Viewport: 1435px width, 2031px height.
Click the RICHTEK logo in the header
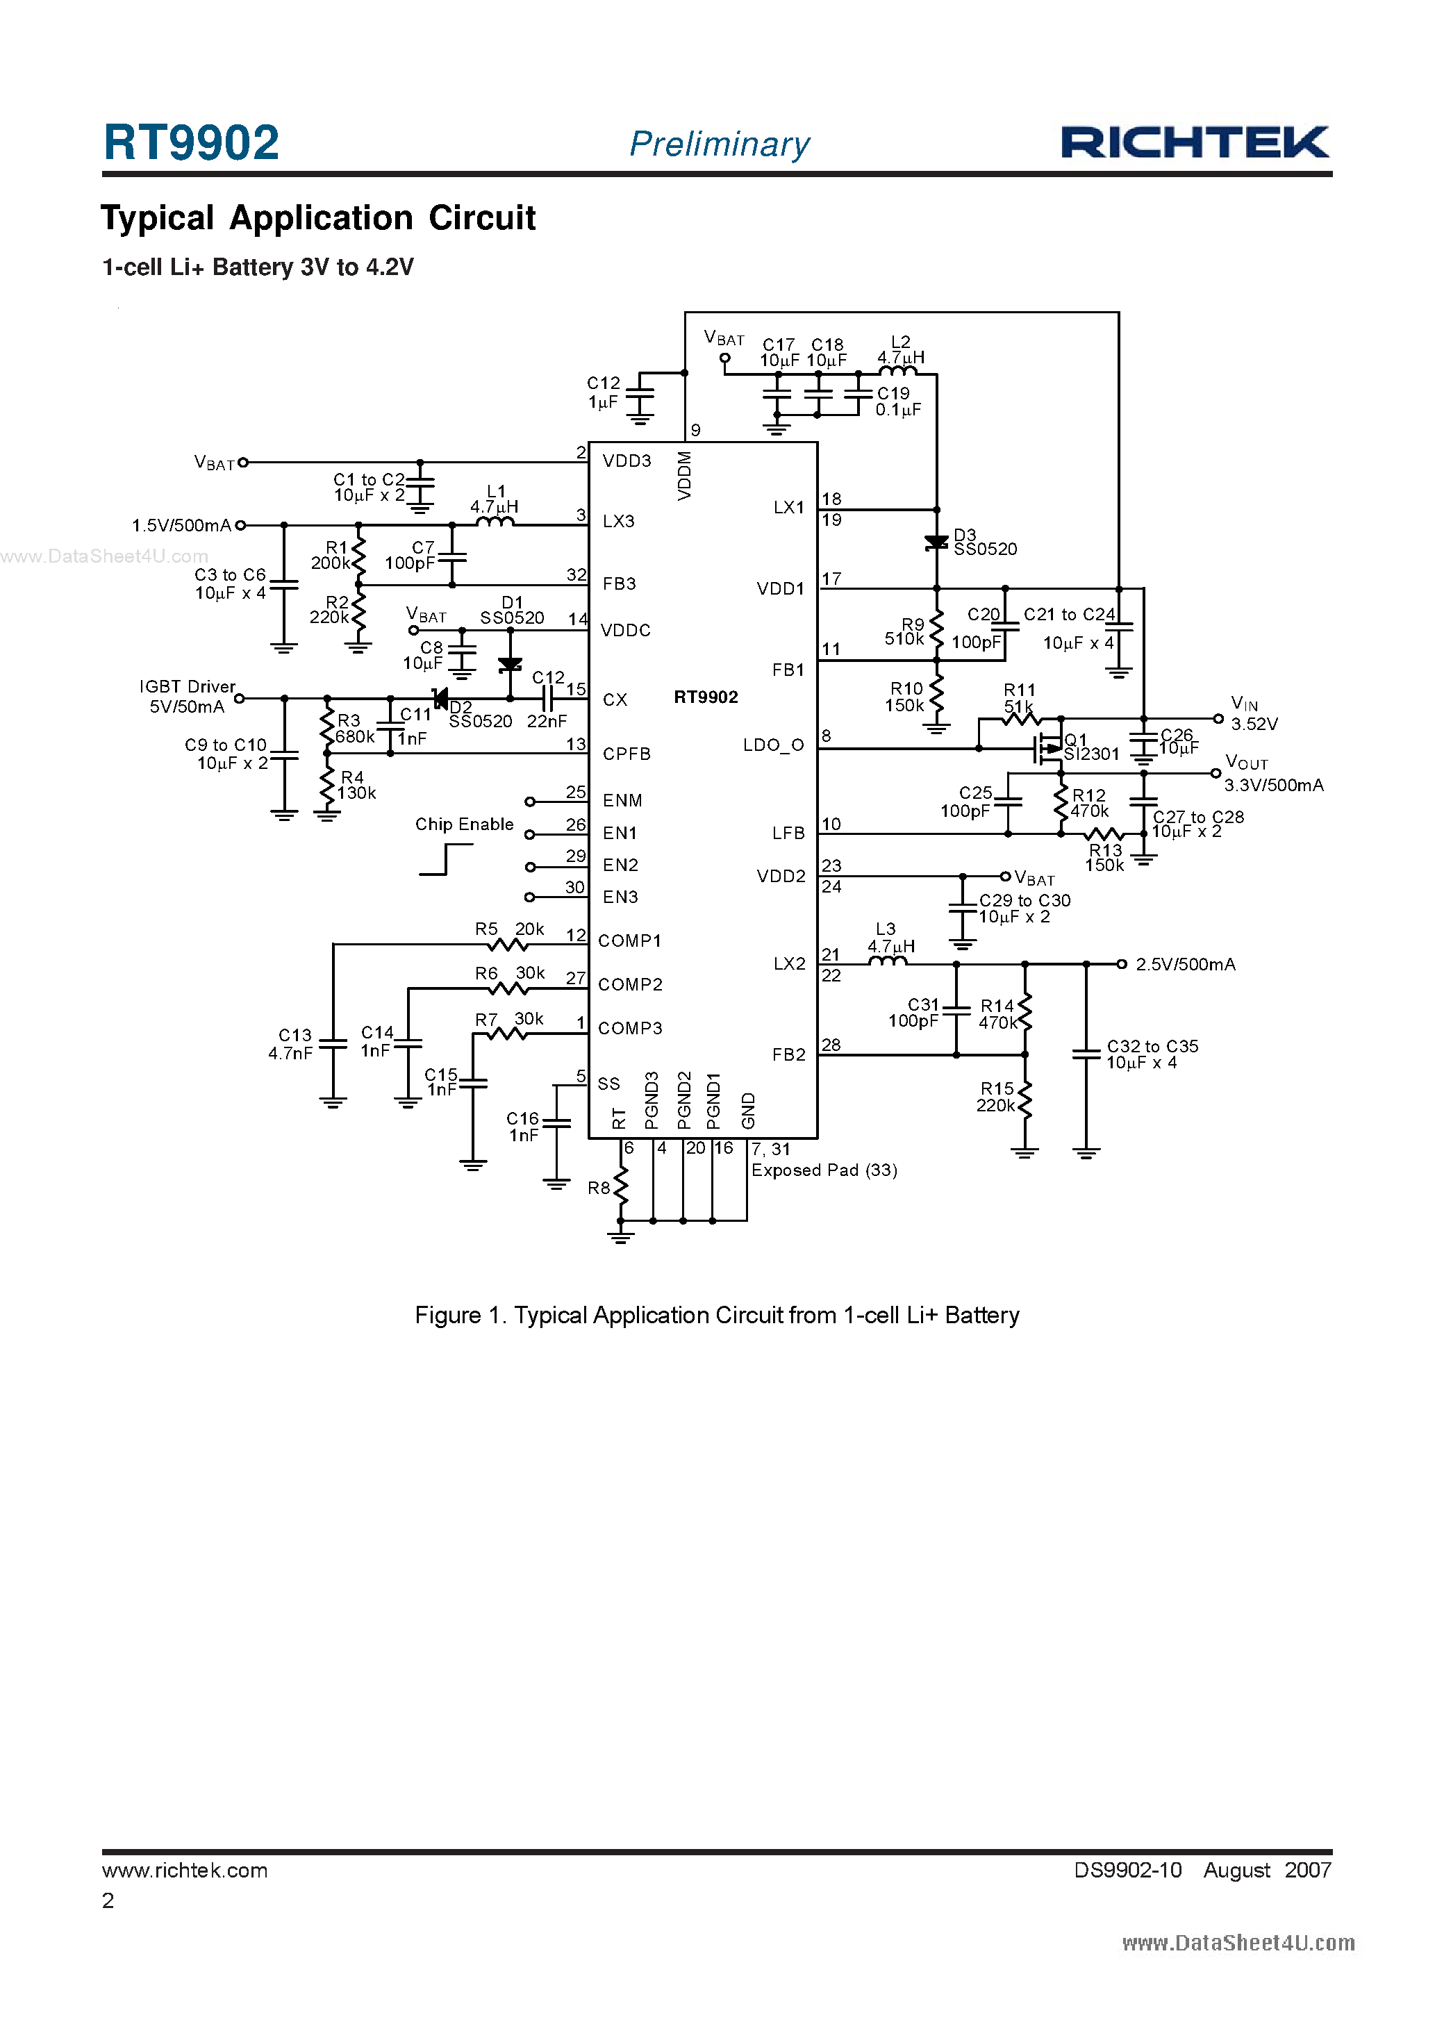click(x=1195, y=142)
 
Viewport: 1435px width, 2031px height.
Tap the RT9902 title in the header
click(x=191, y=142)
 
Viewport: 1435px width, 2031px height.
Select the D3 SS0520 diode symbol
click(x=936, y=542)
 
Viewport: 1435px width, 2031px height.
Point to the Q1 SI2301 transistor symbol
click(x=1048, y=748)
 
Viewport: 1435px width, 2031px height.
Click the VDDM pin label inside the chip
click(x=684, y=476)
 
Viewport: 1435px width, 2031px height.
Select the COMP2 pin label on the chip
click(x=630, y=984)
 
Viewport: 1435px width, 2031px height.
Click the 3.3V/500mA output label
click(x=1273, y=786)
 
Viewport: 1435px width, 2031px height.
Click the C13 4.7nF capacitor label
click(x=291, y=1044)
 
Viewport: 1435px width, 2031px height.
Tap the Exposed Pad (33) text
click(x=824, y=1170)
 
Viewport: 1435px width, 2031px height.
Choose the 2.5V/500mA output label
click(x=1185, y=964)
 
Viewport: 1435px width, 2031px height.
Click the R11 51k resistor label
click(x=1018, y=698)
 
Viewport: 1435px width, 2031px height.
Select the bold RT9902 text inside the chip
click(x=705, y=697)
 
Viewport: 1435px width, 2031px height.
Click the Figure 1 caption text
click(x=717, y=1316)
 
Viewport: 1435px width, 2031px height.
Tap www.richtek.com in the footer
click(x=184, y=1870)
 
